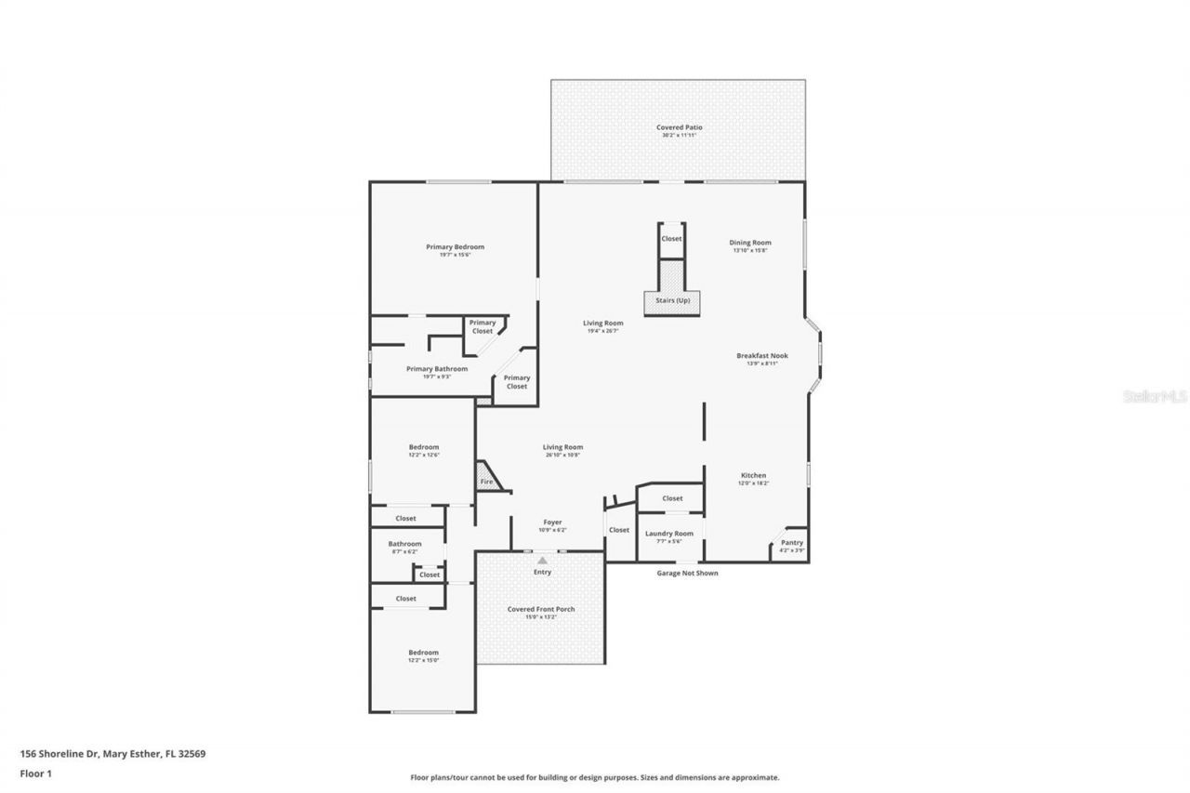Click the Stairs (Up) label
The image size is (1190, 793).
coord(671,300)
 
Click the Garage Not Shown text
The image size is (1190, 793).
coord(687,573)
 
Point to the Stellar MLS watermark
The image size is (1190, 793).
coord(1155,396)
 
